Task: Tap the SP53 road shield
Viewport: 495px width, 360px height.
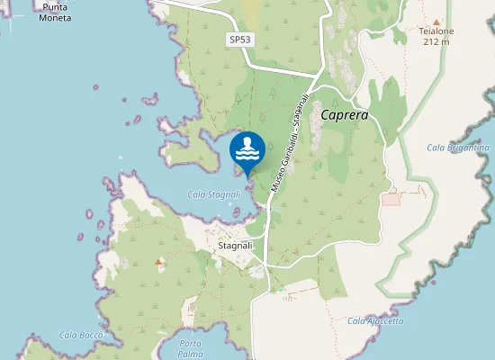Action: [x=238, y=40]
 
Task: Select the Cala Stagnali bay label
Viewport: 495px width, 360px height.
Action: [x=212, y=193]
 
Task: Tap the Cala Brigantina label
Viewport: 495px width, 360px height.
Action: [x=458, y=148]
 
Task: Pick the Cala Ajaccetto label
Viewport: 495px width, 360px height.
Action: [x=375, y=321]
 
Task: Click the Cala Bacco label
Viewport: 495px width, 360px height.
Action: [x=81, y=335]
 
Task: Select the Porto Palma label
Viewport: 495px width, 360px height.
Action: [x=190, y=348]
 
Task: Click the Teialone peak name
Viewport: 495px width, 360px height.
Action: [x=436, y=31]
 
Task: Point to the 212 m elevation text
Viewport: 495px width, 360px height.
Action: [x=436, y=42]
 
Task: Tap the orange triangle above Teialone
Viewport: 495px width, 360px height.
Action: [x=436, y=21]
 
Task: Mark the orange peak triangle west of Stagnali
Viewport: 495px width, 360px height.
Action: [x=159, y=262]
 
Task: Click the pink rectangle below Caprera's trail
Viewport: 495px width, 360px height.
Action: [x=391, y=198]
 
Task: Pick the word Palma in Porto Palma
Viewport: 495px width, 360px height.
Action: [x=190, y=354]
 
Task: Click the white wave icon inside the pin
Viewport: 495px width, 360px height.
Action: [x=247, y=148]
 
